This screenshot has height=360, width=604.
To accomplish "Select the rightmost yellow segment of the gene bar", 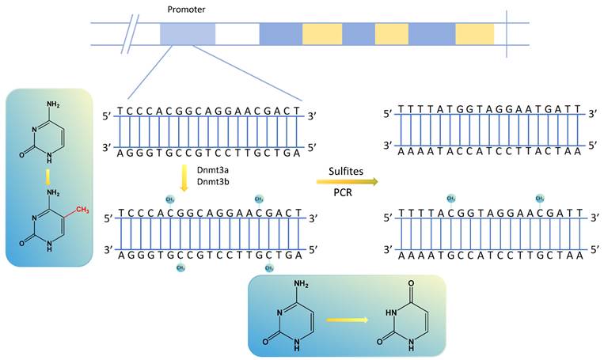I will pyautogui.click(x=474, y=33).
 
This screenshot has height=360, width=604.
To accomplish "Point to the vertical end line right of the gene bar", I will pyautogui.click(x=507, y=33).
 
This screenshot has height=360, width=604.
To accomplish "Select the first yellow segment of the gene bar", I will pyautogui.click(x=323, y=33).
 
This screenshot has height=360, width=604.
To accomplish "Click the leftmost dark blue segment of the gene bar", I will pyautogui.click(x=280, y=33).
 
